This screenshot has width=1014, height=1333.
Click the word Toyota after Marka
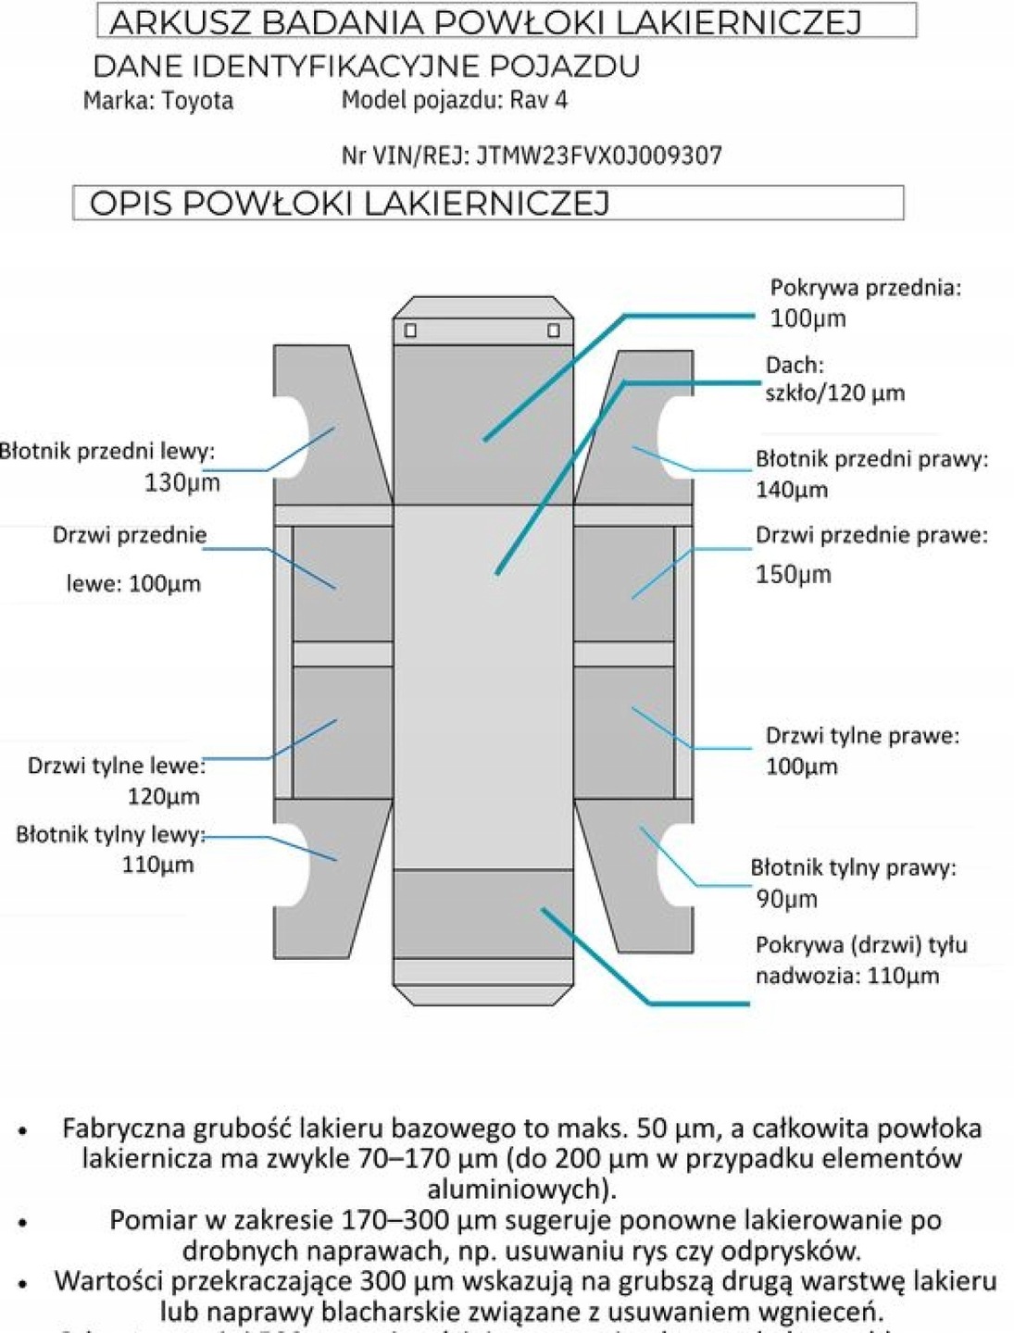pos(197,100)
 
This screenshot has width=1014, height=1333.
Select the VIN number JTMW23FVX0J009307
pos(599,156)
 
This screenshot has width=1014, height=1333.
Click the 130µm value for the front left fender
pos(182,482)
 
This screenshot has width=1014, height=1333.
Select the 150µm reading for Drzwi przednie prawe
pos(794,574)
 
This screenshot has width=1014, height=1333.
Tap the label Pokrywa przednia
pos(864,288)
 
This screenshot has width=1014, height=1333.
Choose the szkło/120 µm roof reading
pos(834,392)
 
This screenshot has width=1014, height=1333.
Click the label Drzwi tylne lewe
pos(116,766)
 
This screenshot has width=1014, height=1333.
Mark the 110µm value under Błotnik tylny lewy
pos(157,865)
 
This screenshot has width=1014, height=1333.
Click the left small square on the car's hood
pos(410,330)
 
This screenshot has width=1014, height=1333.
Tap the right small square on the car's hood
pos(554,330)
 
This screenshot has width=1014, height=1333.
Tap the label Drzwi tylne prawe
pos(861,736)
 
